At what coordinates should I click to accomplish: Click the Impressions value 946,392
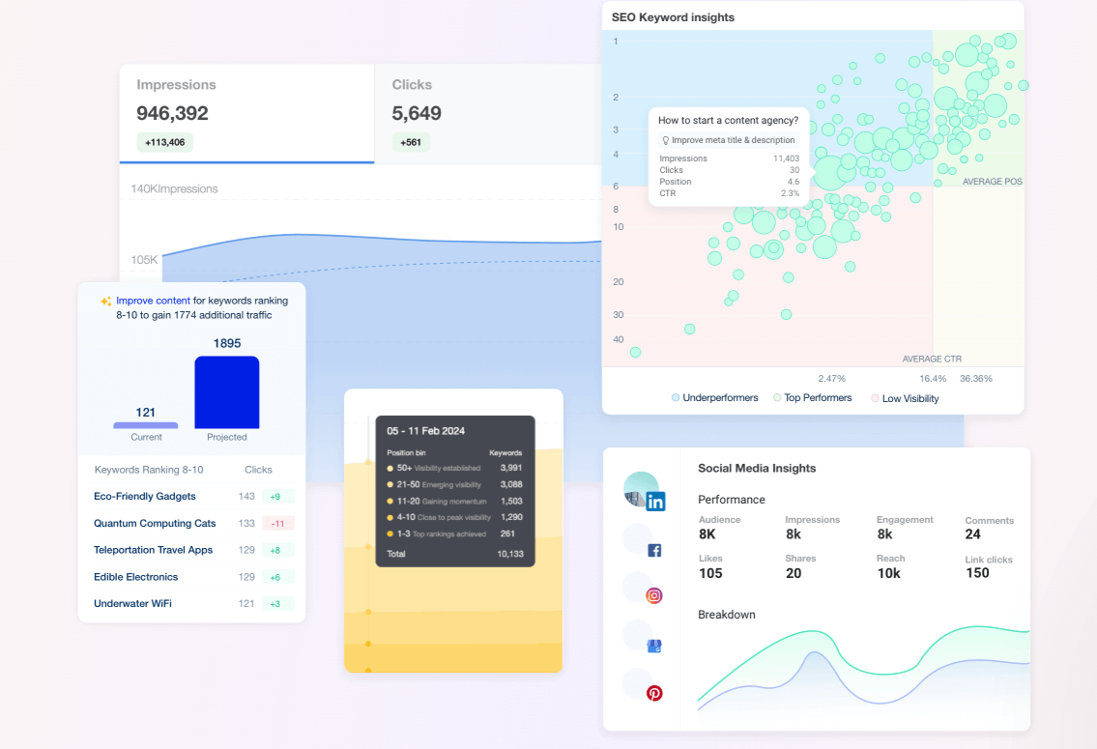[172, 113]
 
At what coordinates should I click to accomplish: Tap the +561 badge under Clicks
[411, 142]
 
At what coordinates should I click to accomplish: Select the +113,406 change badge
[164, 142]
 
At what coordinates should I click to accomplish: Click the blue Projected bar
[227, 391]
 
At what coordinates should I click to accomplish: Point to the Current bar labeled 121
[146, 424]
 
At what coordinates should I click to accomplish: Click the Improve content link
[153, 301]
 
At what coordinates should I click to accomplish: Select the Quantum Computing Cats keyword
[155, 523]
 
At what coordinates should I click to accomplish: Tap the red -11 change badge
[277, 523]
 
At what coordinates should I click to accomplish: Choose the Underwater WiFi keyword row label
[132, 603]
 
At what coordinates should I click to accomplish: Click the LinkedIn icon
[656, 501]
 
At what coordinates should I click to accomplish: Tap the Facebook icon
[654, 550]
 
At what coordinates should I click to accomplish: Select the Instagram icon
[654, 595]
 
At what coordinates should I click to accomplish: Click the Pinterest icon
[654, 693]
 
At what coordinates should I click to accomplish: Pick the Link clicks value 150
[977, 573]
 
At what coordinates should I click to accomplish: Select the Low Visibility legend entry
[909, 398]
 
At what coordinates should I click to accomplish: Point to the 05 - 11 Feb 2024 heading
[426, 431]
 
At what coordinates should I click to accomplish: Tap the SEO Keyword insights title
[673, 17]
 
